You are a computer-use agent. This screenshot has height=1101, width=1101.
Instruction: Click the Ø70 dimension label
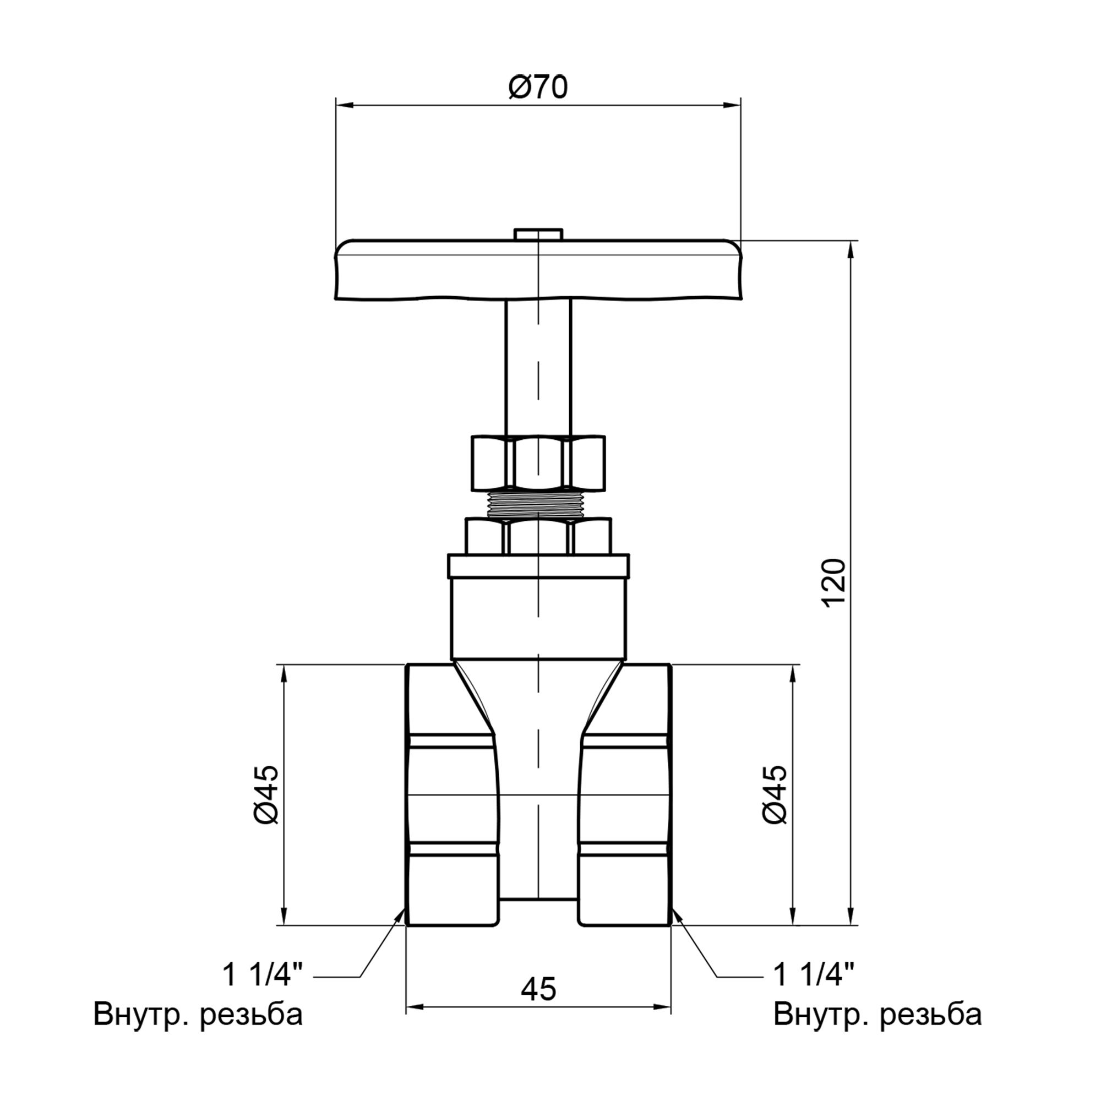coord(538,88)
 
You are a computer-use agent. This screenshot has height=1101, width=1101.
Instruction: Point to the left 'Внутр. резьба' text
coord(198,1015)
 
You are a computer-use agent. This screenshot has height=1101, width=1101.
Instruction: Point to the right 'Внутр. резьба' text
coord(877,1015)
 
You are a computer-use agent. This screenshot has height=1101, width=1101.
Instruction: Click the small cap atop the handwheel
coord(538,234)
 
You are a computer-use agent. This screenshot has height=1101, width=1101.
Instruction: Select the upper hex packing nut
coord(538,463)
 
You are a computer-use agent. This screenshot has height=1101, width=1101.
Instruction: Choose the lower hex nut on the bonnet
coord(538,536)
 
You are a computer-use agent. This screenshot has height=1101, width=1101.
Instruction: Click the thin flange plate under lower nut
coord(538,566)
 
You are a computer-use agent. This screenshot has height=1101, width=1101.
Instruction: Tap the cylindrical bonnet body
coord(538,618)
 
